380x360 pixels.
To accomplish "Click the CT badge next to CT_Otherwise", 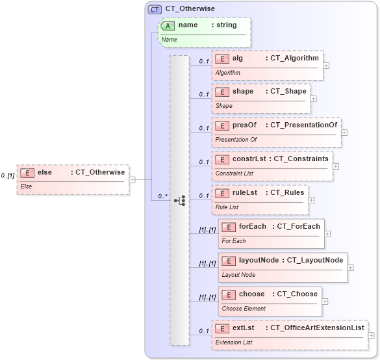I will pos(155,9).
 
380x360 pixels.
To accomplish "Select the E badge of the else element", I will pos(27,172).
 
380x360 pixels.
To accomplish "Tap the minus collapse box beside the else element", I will pos(132,179).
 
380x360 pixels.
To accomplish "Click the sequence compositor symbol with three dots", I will pos(180,201).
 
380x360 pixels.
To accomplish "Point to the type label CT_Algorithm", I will pos(294,58).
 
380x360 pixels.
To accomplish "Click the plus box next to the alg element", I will pos(326,65).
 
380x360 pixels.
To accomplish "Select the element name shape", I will pos(243,92).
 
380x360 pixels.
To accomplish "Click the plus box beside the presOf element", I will pos(344,133).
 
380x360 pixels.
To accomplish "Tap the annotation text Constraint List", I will pos(234,174).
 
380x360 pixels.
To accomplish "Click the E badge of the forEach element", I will pos(228,226).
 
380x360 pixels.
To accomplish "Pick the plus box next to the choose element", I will pos(325,302).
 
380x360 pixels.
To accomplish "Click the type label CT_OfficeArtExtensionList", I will pos(316,328).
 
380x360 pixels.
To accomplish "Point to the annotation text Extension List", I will pos(233,342).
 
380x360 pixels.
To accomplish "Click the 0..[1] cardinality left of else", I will pos(8,175).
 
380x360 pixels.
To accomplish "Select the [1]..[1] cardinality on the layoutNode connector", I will pos(207,264).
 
